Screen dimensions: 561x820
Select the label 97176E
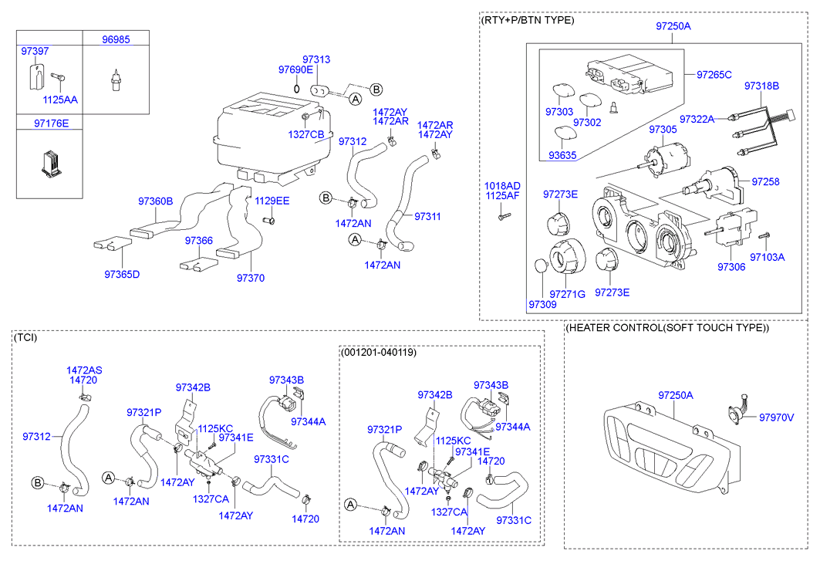(x=51, y=123)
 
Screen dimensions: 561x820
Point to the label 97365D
(x=122, y=273)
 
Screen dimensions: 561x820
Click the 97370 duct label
(x=250, y=278)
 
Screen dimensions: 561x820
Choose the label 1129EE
(x=272, y=201)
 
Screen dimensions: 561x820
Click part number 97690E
(x=295, y=69)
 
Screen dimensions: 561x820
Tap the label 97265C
(x=714, y=75)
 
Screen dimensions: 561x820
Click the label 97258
(x=765, y=181)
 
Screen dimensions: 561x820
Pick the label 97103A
(x=767, y=257)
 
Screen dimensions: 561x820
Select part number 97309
(x=542, y=306)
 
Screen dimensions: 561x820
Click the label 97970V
(x=776, y=417)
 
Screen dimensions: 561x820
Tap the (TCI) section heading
(x=25, y=337)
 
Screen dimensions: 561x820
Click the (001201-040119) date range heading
(x=378, y=352)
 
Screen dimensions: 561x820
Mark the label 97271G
(x=567, y=294)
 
